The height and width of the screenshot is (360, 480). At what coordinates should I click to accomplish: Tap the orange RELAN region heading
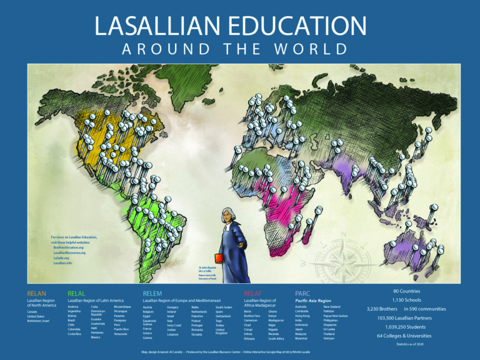37,292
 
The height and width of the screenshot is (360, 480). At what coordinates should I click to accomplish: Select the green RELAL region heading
76,292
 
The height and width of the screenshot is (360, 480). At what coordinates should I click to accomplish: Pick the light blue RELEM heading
152,292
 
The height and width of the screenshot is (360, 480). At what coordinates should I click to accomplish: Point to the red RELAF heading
253,292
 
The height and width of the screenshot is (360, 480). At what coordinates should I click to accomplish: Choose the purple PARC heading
302,292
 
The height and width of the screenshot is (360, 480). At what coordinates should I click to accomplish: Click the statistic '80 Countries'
406,291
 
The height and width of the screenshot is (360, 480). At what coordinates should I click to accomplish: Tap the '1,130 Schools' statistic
406,300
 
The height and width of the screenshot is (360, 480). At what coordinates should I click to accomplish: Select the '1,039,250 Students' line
406,326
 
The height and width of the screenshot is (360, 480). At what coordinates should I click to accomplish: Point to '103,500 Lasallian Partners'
406,317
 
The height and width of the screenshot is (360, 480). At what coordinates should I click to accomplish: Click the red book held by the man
219,257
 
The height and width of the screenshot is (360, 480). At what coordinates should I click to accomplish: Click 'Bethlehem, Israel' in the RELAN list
39,320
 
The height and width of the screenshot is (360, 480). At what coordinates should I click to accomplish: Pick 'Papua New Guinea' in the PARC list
336,316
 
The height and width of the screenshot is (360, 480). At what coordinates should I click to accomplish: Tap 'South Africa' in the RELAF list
276,338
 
